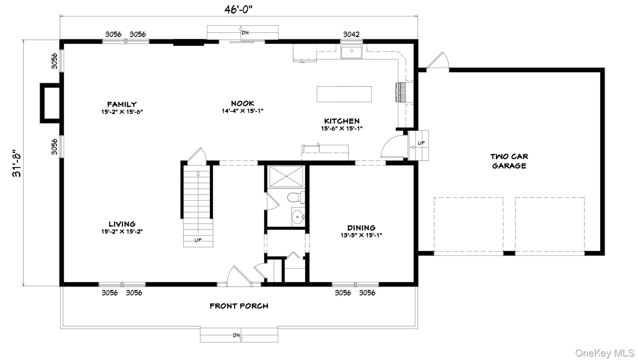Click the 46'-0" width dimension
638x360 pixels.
[238, 10]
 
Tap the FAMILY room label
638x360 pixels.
[122, 104]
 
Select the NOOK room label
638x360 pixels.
[242, 103]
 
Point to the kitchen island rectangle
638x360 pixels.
[344, 94]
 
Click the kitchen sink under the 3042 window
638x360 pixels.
[351, 52]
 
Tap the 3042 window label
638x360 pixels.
[351, 34]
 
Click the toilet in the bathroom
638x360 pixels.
[295, 197]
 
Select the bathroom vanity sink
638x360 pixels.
[298, 216]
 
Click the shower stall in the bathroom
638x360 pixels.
[286, 176]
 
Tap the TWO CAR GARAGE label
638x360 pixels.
[509, 161]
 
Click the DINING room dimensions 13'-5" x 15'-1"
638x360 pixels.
[361, 235]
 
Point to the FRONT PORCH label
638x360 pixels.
[239, 306]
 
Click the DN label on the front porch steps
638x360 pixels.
[236, 335]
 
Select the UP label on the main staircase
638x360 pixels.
[198, 240]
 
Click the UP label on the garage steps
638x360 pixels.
[421, 143]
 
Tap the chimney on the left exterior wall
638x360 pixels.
[50, 103]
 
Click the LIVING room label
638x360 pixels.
[122, 224]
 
